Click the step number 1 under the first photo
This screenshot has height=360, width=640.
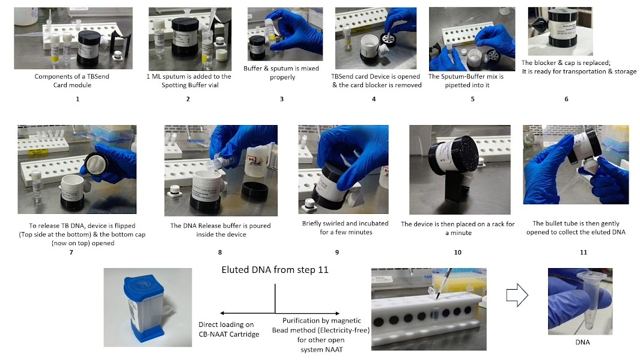[78, 99]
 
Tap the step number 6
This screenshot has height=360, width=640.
[566, 99]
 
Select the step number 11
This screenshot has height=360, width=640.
[584, 252]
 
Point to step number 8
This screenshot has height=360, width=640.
[220, 252]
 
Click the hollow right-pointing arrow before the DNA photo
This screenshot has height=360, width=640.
[517, 295]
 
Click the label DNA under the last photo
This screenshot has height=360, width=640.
[582, 342]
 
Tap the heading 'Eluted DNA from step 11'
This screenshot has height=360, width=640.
[275, 270]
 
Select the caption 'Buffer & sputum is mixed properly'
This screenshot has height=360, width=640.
[281, 73]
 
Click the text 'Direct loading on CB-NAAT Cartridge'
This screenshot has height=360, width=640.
[228, 329]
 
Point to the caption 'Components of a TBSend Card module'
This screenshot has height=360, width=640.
[72, 81]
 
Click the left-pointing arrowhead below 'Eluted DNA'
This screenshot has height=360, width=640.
[223, 313]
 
